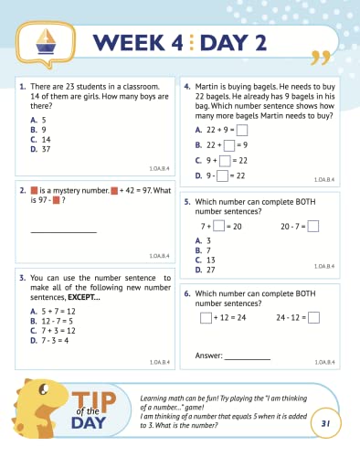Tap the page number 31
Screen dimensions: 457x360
(x=324, y=423)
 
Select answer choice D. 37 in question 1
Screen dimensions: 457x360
(x=39, y=149)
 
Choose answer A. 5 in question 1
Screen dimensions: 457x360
(x=37, y=120)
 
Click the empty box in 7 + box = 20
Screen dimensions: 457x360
(x=218, y=227)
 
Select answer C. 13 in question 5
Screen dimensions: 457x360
(x=205, y=260)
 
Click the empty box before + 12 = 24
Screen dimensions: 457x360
(x=205, y=318)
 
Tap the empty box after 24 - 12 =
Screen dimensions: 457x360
(x=313, y=318)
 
